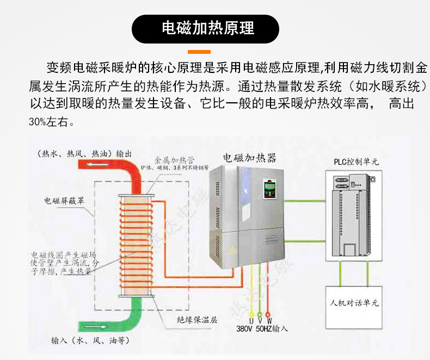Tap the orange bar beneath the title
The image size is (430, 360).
(x=199, y=52)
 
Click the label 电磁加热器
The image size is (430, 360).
(x=250, y=158)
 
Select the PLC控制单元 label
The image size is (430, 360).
(x=356, y=162)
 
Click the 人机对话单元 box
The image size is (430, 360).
(x=354, y=302)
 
